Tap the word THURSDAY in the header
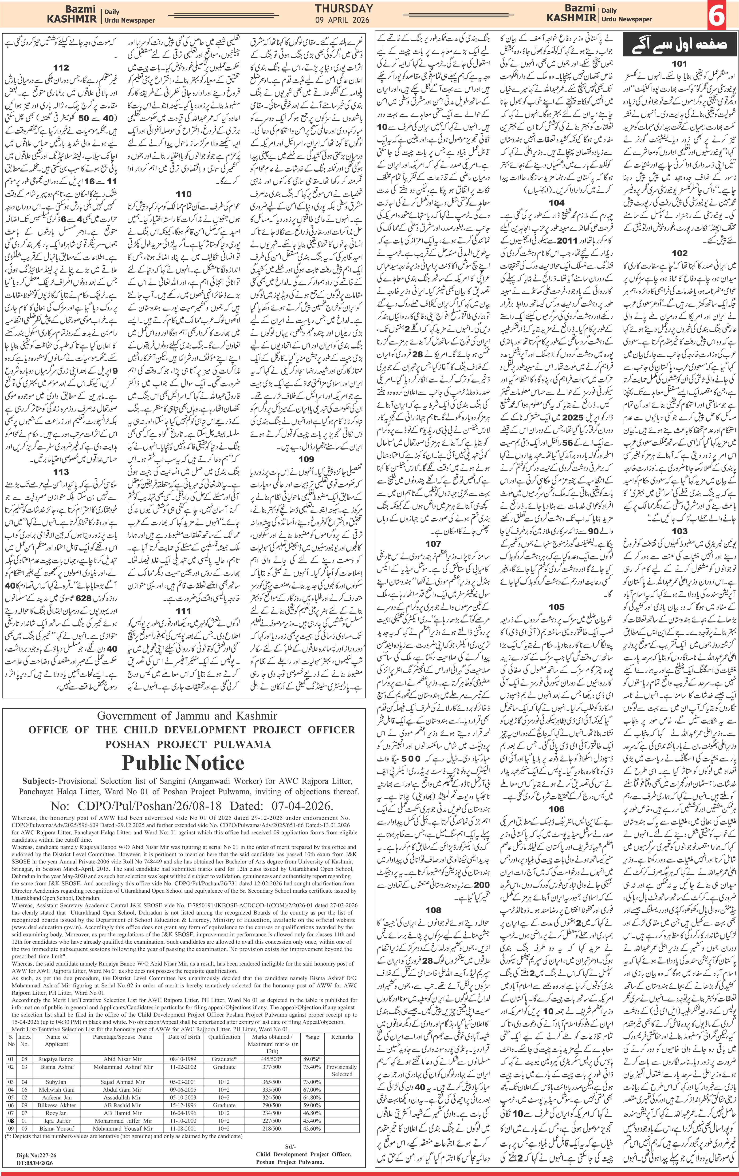(344, 8)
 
